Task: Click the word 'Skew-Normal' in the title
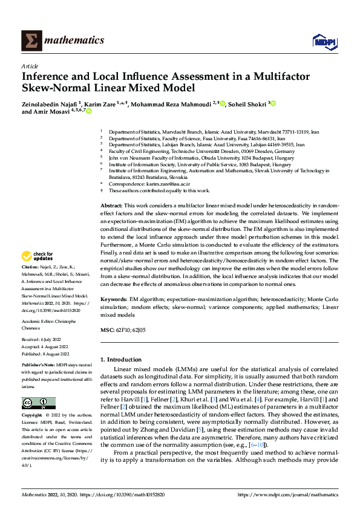[53, 87]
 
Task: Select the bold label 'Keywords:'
[113, 300]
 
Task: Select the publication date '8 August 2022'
[54, 354]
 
